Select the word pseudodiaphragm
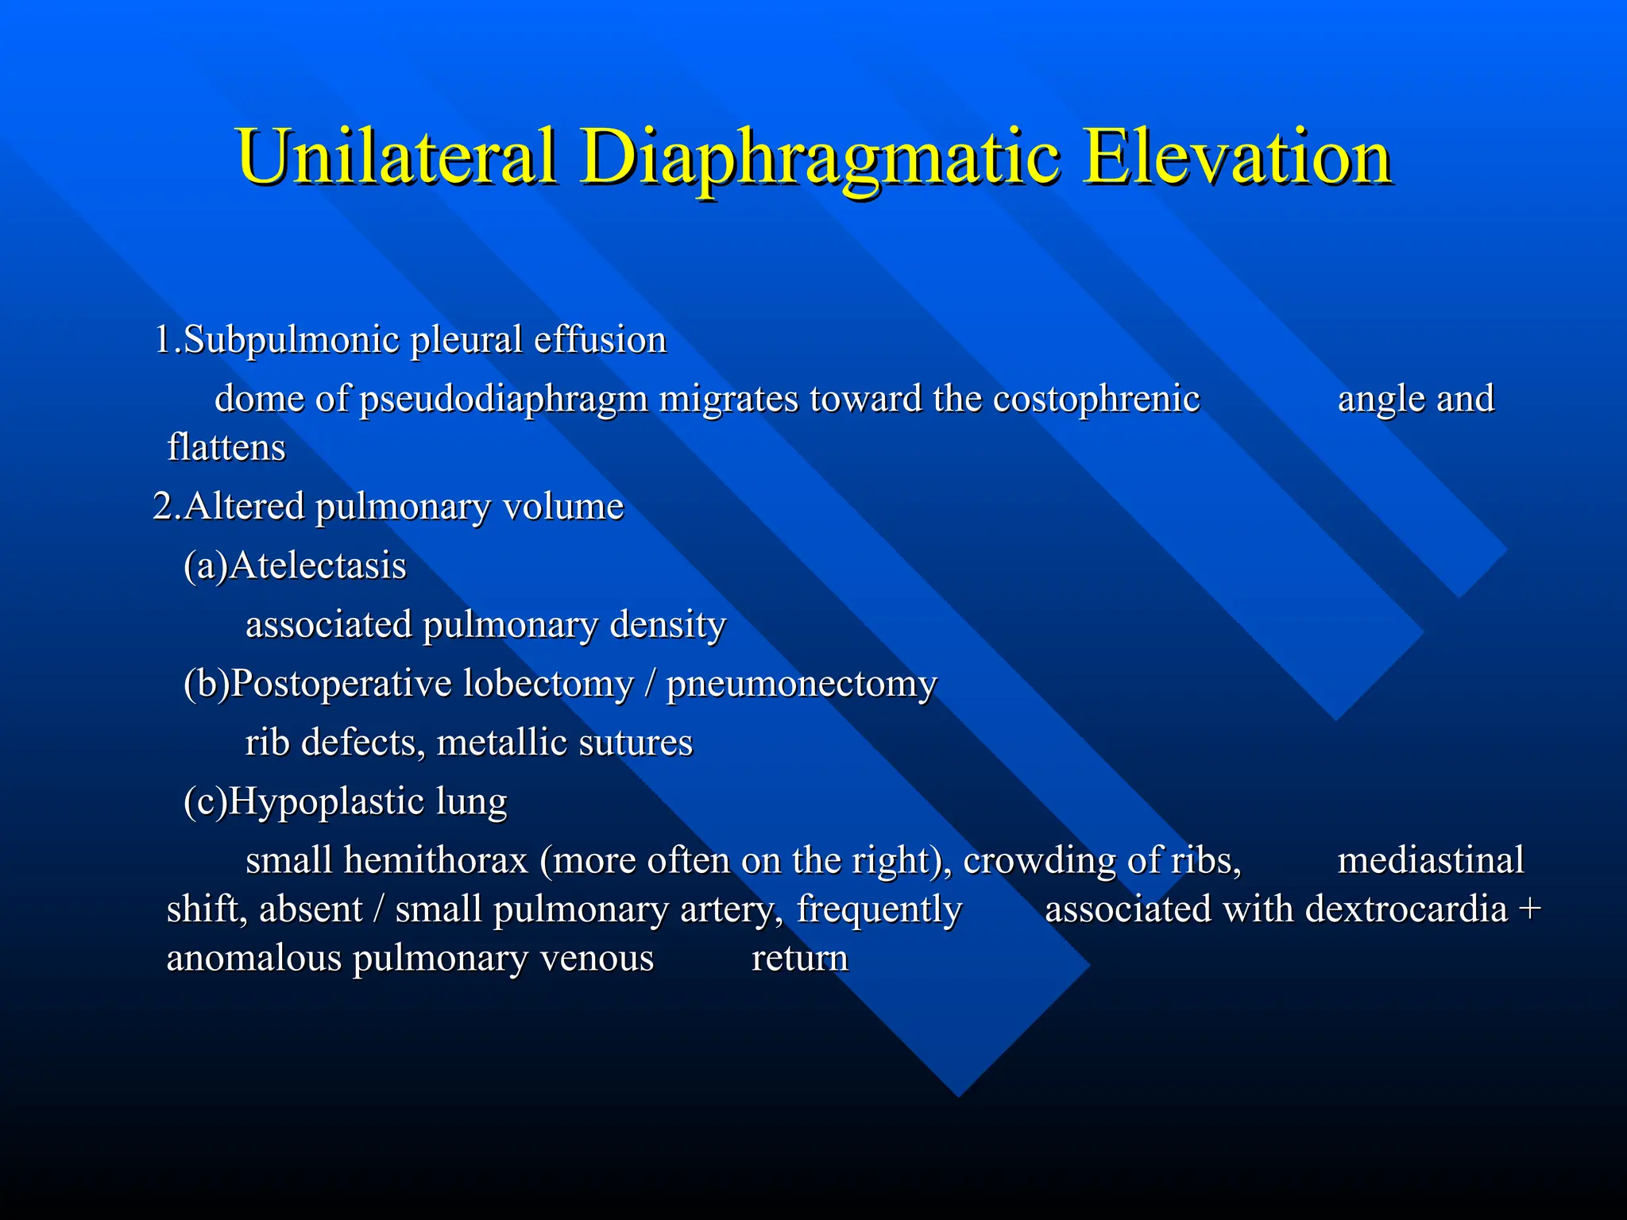click(x=504, y=400)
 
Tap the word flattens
click(x=226, y=447)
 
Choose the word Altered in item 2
click(x=244, y=506)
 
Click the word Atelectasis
click(x=318, y=566)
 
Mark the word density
click(x=667, y=625)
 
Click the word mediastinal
click(x=1430, y=860)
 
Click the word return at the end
click(x=799, y=959)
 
